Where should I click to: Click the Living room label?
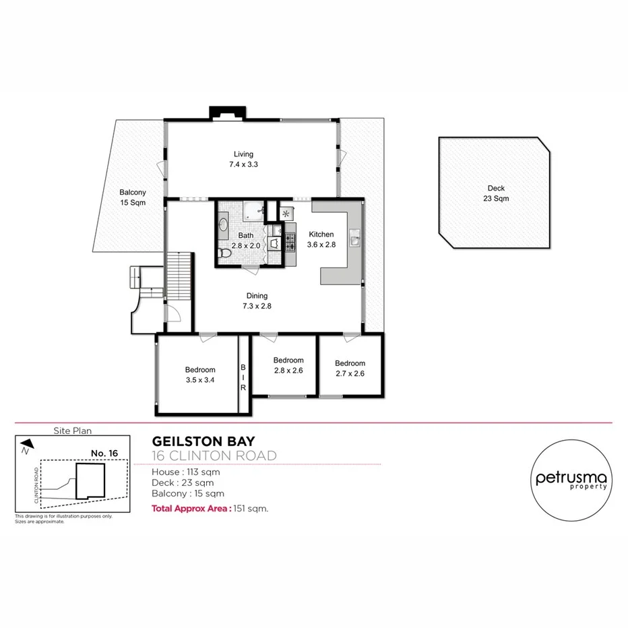[x=243, y=158]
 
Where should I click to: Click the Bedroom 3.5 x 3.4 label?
[x=200, y=374]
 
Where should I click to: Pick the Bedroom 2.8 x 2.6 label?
[x=288, y=365]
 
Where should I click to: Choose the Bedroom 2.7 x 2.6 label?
[x=350, y=368]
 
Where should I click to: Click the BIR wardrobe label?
[x=243, y=378]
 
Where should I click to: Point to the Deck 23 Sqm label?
[x=496, y=193]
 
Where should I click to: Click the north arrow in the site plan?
[x=25, y=448]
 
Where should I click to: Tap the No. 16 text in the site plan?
[x=104, y=453]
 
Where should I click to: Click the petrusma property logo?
[x=571, y=479]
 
